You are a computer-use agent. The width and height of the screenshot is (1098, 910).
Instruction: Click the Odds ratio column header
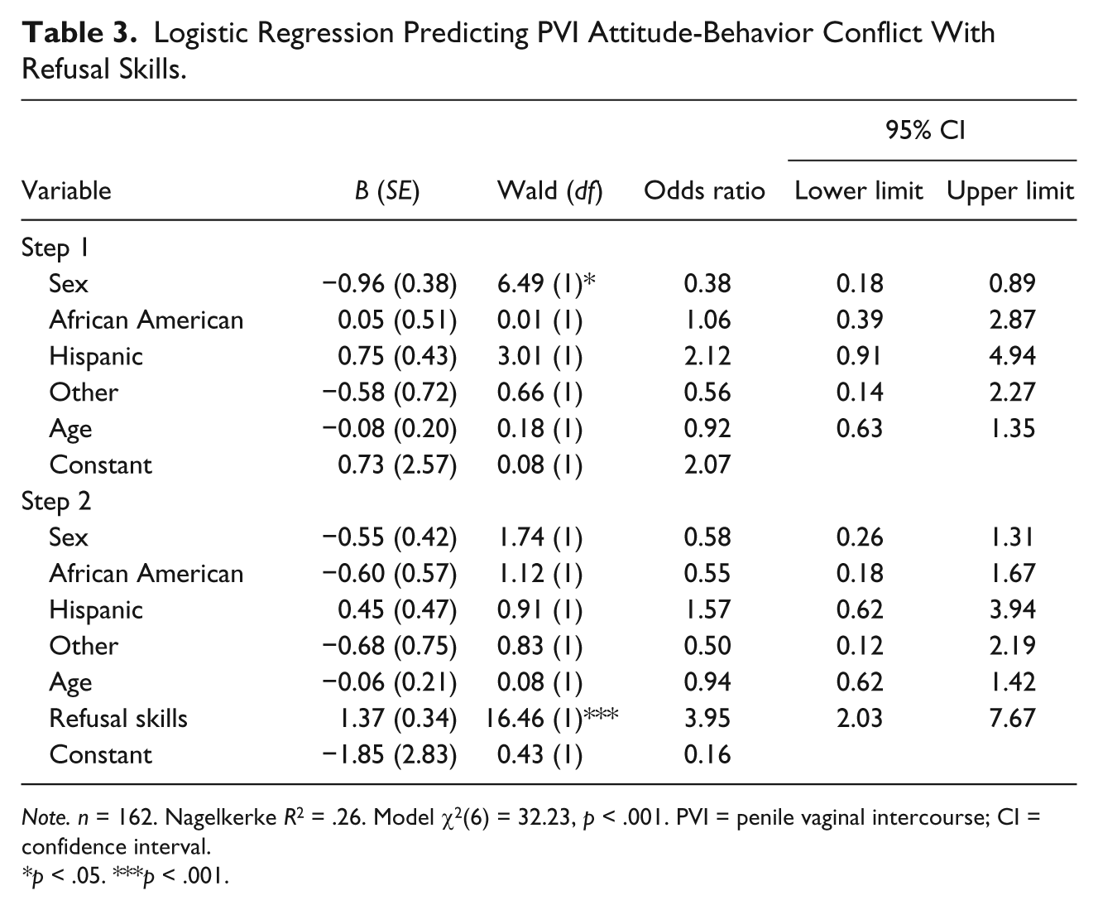pyautogui.click(x=704, y=190)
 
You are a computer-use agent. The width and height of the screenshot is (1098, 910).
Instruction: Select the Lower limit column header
pyautogui.click(x=859, y=190)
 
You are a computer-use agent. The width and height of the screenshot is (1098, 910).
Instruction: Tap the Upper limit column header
pyautogui.click(x=1010, y=191)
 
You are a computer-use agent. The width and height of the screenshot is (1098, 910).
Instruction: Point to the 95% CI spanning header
pyautogui.click(x=926, y=130)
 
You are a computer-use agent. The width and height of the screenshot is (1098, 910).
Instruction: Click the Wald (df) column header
pyautogui.click(x=550, y=191)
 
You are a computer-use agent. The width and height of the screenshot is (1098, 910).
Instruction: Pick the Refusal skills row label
pyautogui.click(x=118, y=719)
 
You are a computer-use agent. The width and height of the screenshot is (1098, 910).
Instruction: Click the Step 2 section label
pyautogui.click(x=56, y=502)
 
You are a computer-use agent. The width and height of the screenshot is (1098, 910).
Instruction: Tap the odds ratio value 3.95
pyautogui.click(x=707, y=719)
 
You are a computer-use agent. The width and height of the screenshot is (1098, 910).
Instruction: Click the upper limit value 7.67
pyautogui.click(x=1012, y=719)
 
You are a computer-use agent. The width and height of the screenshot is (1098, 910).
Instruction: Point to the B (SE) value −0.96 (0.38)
pyautogui.click(x=390, y=284)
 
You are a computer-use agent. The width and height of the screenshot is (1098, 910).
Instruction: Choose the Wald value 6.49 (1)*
pyautogui.click(x=546, y=284)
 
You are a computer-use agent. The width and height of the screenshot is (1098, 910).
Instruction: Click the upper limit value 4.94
pyautogui.click(x=1012, y=356)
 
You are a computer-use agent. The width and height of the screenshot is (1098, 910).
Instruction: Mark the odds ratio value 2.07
pyautogui.click(x=707, y=465)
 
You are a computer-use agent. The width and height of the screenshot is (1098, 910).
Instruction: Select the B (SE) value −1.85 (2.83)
pyautogui.click(x=390, y=755)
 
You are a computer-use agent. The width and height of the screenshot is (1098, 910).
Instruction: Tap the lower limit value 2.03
pyautogui.click(x=859, y=719)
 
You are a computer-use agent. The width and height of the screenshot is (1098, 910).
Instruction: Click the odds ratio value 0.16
pyautogui.click(x=707, y=754)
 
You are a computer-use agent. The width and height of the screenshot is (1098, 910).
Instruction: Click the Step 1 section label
pyautogui.click(x=55, y=248)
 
